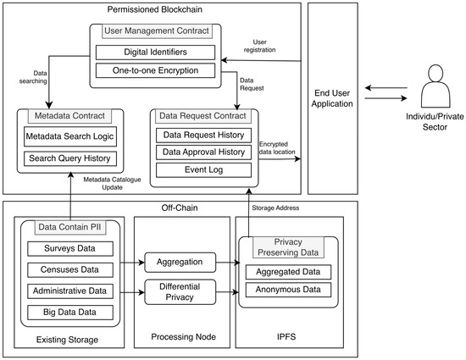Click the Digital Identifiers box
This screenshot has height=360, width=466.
(155, 53)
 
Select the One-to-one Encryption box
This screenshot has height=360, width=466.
(155, 70)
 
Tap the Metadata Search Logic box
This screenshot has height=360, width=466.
(70, 136)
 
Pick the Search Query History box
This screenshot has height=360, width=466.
(70, 158)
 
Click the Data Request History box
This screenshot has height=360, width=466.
(203, 136)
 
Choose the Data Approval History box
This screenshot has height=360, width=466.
(203, 152)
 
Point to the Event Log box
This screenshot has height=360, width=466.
(203, 170)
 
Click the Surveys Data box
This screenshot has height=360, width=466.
(70, 249)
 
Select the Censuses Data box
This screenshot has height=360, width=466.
(70, 269)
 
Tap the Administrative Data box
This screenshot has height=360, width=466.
(70, 291)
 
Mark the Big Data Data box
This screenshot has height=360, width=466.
(70, 313)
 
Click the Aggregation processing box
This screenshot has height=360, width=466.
(180, 263)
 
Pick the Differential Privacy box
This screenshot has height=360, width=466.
(180, 292)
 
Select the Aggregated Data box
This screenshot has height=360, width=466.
(288, 272)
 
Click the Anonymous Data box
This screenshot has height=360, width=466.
(288, 290)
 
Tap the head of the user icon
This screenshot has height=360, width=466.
(435, 73)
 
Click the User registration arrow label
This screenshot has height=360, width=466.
(260, 46)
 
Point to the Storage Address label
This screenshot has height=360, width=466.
(275, 208)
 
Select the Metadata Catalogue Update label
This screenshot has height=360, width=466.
(112, 184)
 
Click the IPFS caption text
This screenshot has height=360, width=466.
(286, 337)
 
